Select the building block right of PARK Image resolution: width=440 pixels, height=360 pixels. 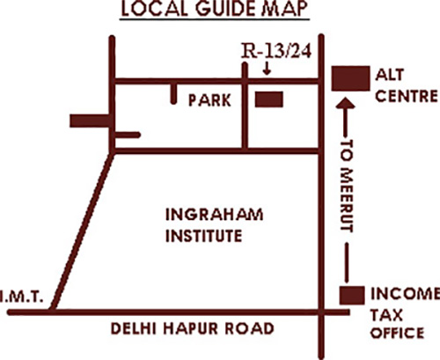pyautogui.click(x=268, y=99)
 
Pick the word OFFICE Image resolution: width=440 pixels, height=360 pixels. pyautogui.click(x=400, y=332)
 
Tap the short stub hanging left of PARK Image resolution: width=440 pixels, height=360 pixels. pyautogui.click(x=174, y=95)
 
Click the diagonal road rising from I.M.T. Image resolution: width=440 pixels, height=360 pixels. pyautogui.click(x=81, y=231)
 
